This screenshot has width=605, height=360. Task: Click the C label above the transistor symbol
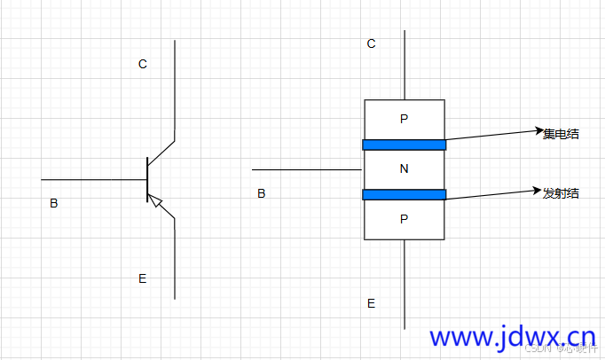click(143, 64)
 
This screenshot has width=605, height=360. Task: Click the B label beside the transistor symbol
click(54, 203)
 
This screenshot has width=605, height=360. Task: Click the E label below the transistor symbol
click(143, 278)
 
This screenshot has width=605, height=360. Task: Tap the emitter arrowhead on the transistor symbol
click(157, 203)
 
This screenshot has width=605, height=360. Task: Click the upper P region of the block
click(405, 119)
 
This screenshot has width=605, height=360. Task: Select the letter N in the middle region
click(405, 169)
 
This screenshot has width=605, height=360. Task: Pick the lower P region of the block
click(405, 218)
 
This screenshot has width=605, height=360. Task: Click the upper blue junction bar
click(404, 145)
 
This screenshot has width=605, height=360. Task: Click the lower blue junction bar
click(404, 194)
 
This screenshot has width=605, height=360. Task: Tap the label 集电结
click(562, 134)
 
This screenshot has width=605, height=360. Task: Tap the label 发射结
click(561, 192)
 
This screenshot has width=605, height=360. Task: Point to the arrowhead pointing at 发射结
click(537, 190)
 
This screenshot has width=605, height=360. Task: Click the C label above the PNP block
click(372, 43)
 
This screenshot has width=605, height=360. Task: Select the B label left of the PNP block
click(261, 192)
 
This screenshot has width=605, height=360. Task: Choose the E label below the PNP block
click(371, 303)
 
